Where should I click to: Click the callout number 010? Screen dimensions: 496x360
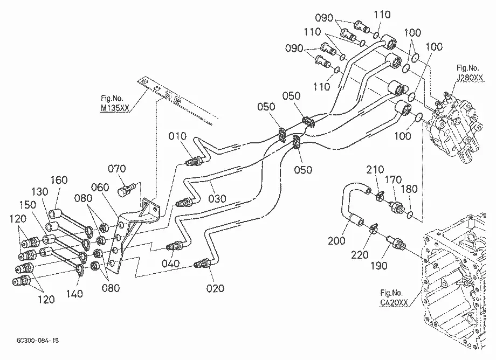[x=177, y=136]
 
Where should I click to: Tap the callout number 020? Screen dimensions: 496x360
[x=215, y=288]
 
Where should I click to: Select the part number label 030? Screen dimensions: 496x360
[x=217, y=198]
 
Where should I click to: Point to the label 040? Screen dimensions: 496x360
[x=170, y=264]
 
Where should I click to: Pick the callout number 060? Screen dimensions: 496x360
[x=100, y=187]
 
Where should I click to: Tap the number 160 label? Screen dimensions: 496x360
[x=59, y=180]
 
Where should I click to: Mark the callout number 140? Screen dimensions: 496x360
[x=74, y=294]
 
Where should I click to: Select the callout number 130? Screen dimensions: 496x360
[x=39, y=191]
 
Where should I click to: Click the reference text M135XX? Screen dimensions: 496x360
[x=115, y=108]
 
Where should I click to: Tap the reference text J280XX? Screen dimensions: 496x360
[x=470, y=78]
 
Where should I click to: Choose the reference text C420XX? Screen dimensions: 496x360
[x=394, y=302]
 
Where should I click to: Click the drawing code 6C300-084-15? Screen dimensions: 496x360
[x=38, y=341]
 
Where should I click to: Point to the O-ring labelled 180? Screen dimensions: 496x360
[x=410, y=214]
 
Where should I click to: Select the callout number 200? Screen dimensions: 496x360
[x=336, y=241]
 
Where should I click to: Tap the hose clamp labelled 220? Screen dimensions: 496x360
[x=373, y=227]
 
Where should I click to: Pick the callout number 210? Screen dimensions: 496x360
[x=375, y=170]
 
